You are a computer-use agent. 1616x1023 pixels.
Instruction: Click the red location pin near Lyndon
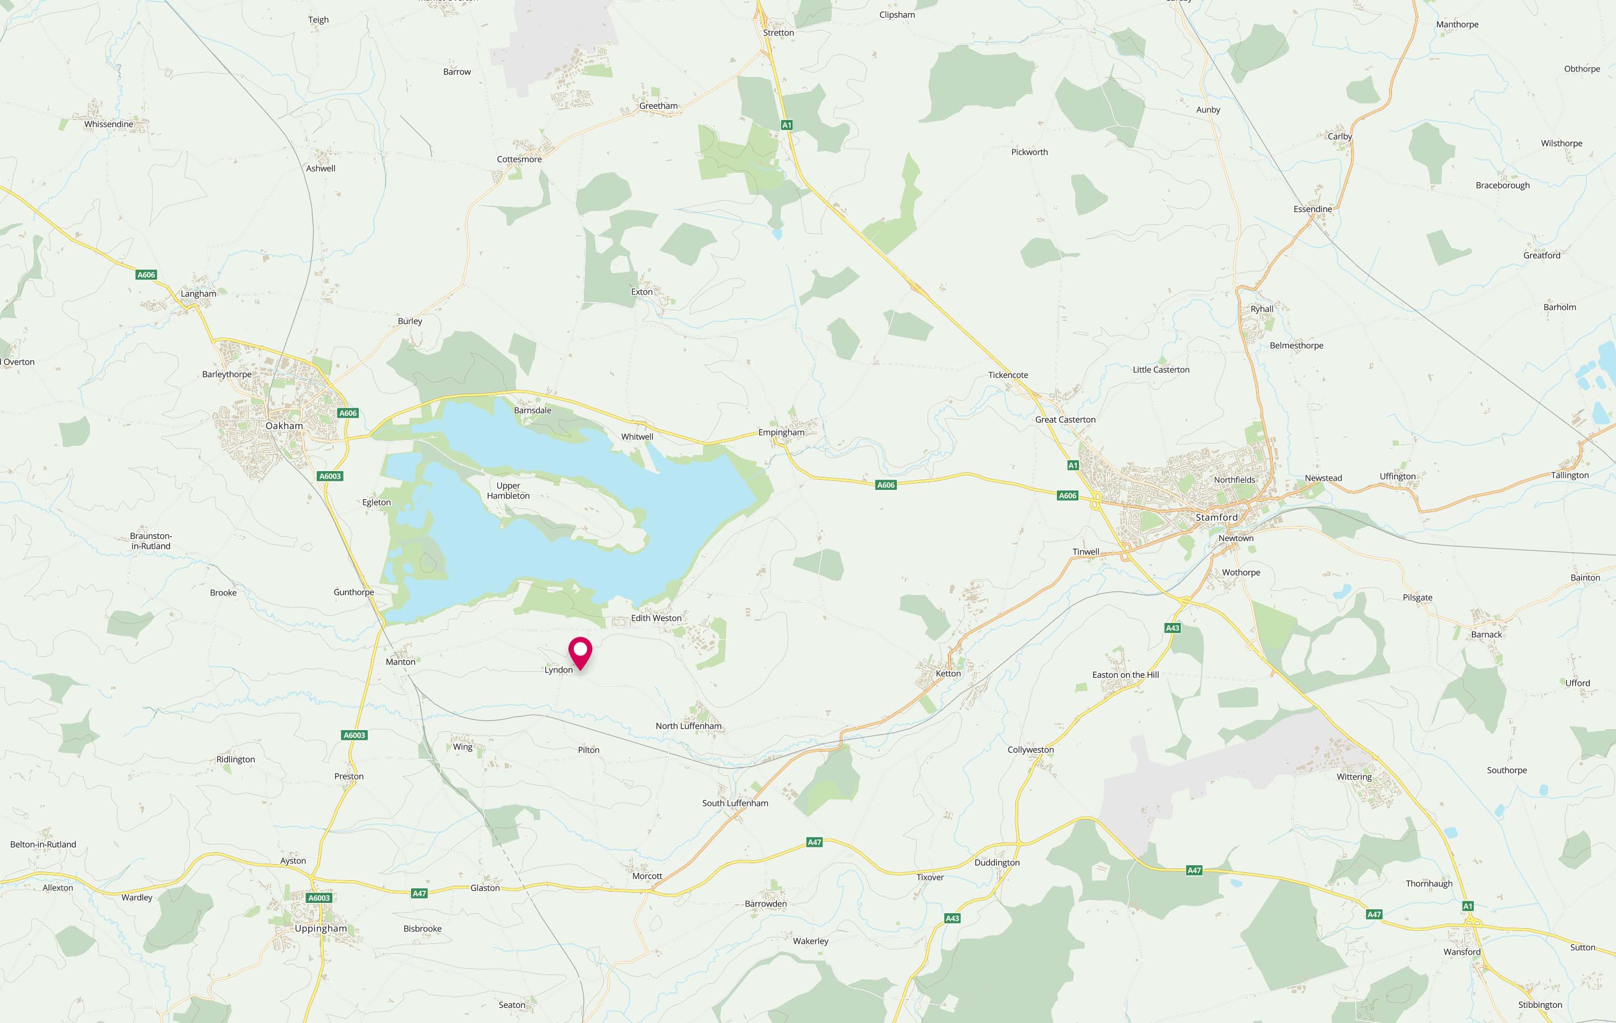[580, 652]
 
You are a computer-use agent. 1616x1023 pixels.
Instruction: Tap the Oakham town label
[284, 426]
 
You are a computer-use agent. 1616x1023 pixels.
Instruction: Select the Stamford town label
[1216, 517]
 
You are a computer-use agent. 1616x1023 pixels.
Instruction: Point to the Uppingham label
[321, 928]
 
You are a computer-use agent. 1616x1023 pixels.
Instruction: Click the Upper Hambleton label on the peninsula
[508, 491]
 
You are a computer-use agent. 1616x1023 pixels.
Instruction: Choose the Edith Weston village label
[656, 618]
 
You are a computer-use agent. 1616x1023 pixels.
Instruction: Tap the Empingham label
[781, 432]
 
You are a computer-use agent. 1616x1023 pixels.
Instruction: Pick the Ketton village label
[948, 674]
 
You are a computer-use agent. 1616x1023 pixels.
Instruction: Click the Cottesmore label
[519, 159]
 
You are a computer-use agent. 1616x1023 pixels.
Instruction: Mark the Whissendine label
[109, 124]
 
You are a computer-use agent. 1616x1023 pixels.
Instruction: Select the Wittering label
[1354, 777]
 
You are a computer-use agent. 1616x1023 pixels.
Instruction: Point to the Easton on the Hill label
[1125, 675]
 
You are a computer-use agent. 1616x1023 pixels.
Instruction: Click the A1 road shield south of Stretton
[786, 125]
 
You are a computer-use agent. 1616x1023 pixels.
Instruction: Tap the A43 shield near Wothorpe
[1172, 628]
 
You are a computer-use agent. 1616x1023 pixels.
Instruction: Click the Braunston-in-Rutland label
[151, 541]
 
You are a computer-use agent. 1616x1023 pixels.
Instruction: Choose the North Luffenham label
[688, 726]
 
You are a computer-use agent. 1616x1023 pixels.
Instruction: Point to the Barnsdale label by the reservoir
[532, 410]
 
